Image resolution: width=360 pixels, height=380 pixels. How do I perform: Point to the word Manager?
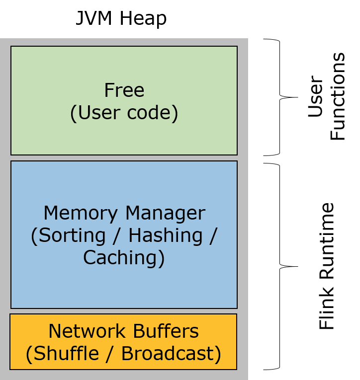165,213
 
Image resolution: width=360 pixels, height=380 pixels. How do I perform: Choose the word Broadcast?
168,354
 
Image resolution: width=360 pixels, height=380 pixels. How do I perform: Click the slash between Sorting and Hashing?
117,235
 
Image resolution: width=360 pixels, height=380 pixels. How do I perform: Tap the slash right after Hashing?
213,235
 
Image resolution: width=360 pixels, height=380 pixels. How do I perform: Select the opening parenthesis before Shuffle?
29,354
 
